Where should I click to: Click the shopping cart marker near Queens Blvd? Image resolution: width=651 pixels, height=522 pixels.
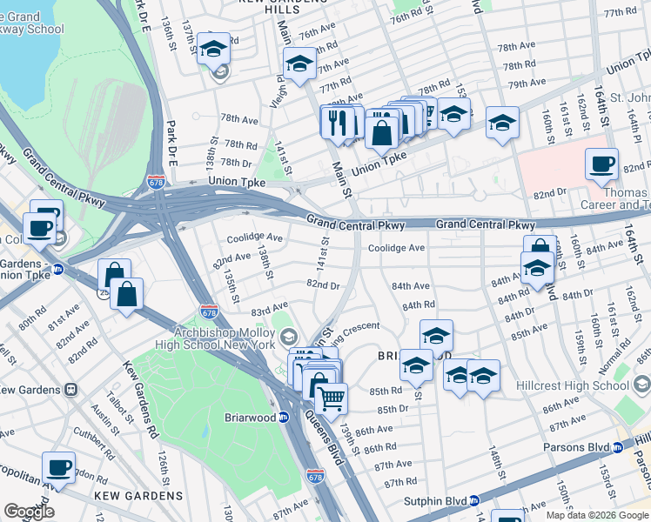tap(331, 399)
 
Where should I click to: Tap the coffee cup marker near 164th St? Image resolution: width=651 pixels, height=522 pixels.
tap(601, 163)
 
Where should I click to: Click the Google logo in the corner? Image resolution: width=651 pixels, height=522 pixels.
tap(29, 512)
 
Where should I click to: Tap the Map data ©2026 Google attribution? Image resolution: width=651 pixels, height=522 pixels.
tap(598, 515)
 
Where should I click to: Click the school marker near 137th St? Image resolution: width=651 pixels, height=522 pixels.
tap(213, 49)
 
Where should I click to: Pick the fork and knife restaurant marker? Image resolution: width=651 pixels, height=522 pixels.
tap(338, 122)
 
